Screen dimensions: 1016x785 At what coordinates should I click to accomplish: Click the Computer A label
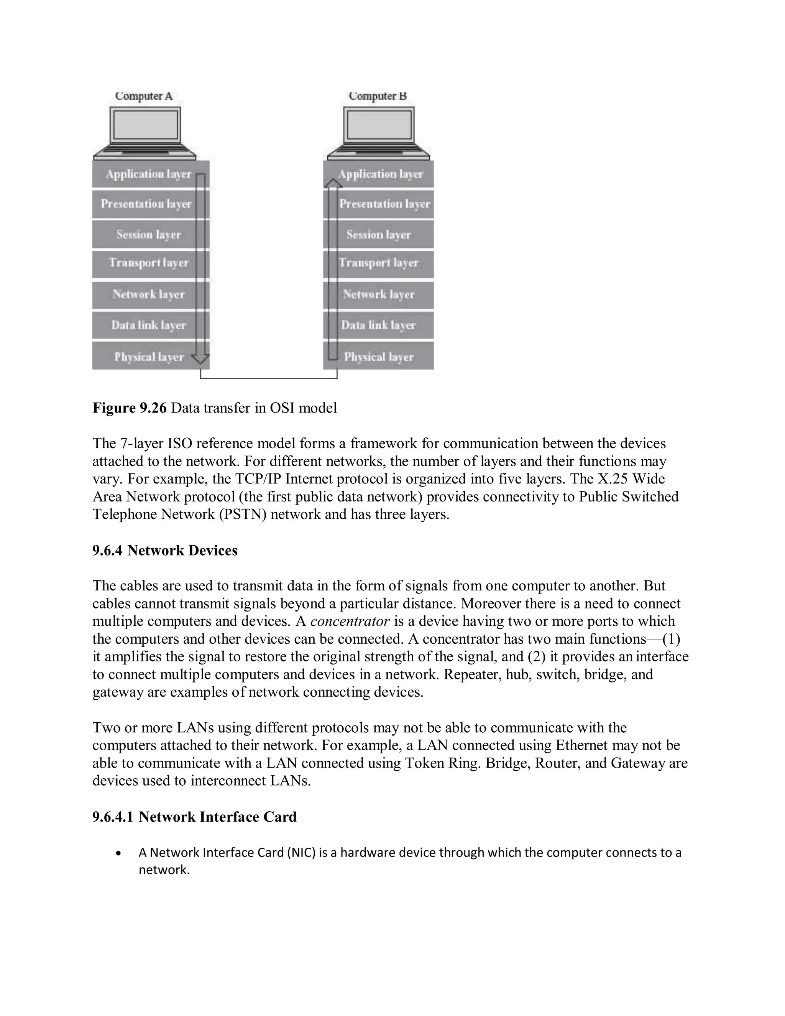point(144,96)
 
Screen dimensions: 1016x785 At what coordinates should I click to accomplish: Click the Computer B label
point(378,96)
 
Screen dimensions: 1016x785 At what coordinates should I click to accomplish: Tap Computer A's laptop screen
point(146,125)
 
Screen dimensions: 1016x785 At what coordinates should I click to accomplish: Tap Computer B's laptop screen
point(379,125)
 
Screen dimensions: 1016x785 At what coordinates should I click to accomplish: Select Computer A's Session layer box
point(148,235)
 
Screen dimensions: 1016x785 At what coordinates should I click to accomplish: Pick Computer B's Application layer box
point(380,174)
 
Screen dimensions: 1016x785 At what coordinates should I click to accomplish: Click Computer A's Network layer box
point(148,294)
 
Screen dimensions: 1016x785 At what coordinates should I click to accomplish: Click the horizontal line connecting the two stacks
point(269,378)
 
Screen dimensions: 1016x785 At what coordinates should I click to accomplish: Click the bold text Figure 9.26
point(129,408)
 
